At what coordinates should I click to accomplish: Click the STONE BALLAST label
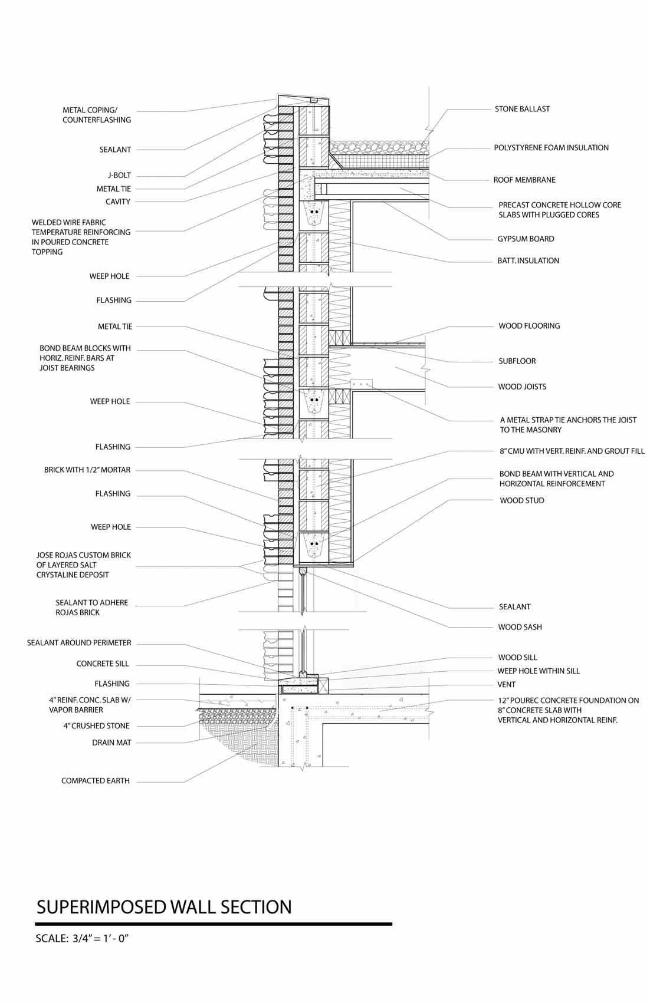pos(522,109)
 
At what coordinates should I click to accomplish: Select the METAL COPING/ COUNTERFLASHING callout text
pos(97,115)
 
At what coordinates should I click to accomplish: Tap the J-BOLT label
pos(119,176)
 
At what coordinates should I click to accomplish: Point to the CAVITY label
pos(118,202)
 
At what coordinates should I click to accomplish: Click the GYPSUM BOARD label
pos(526,239)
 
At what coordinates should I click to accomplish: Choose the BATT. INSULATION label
pos(528,260)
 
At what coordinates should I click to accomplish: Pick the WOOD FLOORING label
pos(529,326)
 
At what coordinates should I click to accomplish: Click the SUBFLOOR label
pos(517,361)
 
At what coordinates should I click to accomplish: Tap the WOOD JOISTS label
pos(522,387)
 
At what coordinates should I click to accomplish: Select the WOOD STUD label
pos(521,501)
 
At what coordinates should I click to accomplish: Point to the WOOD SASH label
pos(520,627)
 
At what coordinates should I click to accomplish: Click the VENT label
pos(506,685)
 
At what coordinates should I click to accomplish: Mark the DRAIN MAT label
pos(111,743)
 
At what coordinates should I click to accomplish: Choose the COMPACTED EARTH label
pos(96,781)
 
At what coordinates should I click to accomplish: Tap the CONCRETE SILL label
pos(103,664)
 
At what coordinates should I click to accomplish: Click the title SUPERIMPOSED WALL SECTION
pos(164,907)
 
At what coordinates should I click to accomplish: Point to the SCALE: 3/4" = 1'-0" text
pos(82,939)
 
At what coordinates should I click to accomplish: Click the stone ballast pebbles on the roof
pos(377,146)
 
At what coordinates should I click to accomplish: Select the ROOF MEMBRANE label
pos(524,180)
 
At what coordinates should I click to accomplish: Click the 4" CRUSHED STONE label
pos(97,726)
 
